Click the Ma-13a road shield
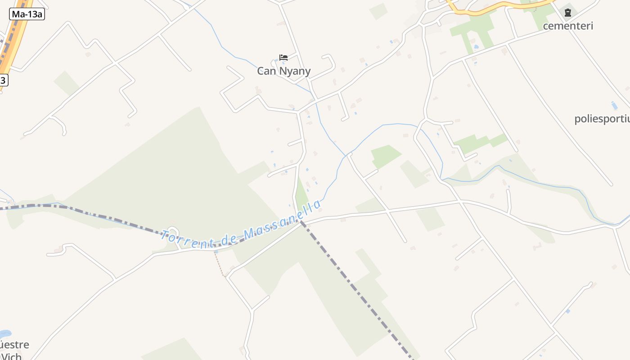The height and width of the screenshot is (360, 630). click(27, 14)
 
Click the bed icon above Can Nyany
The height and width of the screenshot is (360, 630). click(283, 58)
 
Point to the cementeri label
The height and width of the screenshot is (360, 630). click(568, 26)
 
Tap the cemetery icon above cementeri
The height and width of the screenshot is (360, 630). click(568, 12)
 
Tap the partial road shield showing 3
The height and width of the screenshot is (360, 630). click(3, 81)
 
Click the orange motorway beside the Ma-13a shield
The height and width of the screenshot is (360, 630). click(13, 40)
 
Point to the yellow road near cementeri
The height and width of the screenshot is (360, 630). click(495, 8)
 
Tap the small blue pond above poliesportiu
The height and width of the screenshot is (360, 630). click(614, 105)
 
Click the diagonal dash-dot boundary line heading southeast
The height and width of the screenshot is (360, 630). click(355, 288)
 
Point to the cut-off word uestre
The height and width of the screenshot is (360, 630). click(14, 345)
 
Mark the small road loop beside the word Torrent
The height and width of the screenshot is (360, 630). click(173, 232)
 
